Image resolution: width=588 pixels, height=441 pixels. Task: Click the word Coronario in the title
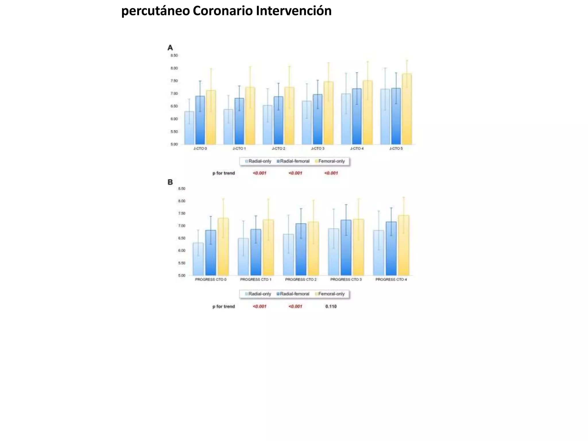click(x=223, y=11)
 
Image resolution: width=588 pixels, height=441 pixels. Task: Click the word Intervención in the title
click(x=294, y=11)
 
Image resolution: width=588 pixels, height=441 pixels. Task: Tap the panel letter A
click(x=170, y=48)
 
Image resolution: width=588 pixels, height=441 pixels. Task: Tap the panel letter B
click(x=170, y=182)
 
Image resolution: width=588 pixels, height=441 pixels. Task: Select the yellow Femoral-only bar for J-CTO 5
click(x=407, y=109)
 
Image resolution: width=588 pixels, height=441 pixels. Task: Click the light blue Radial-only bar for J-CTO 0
click(x=189, y=128)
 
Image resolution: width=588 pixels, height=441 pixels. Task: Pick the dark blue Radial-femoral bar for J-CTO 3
click(x=318, y=119)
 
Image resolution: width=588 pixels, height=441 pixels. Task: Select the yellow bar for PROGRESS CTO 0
click(x=223, y=247)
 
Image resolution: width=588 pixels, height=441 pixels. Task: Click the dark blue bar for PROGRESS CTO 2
click(x=301, y=250)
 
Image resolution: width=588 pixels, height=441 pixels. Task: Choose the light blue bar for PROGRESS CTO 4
click(x=378, y=253)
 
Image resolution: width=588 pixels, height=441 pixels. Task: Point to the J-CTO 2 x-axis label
click(x=278, y=148)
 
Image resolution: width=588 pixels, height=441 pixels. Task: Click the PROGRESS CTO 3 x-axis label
click(x=346, y=279)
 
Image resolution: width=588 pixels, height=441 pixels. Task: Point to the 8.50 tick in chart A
click(x=174, y=55)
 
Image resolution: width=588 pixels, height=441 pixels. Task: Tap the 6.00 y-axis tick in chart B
click(x=181, y=251)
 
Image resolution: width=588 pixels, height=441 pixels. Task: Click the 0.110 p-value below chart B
click(x=331, y=307)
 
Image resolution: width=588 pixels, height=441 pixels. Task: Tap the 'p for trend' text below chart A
click(x=223, y=173)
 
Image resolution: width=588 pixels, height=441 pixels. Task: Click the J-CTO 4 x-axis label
click(x=357, y=148)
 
